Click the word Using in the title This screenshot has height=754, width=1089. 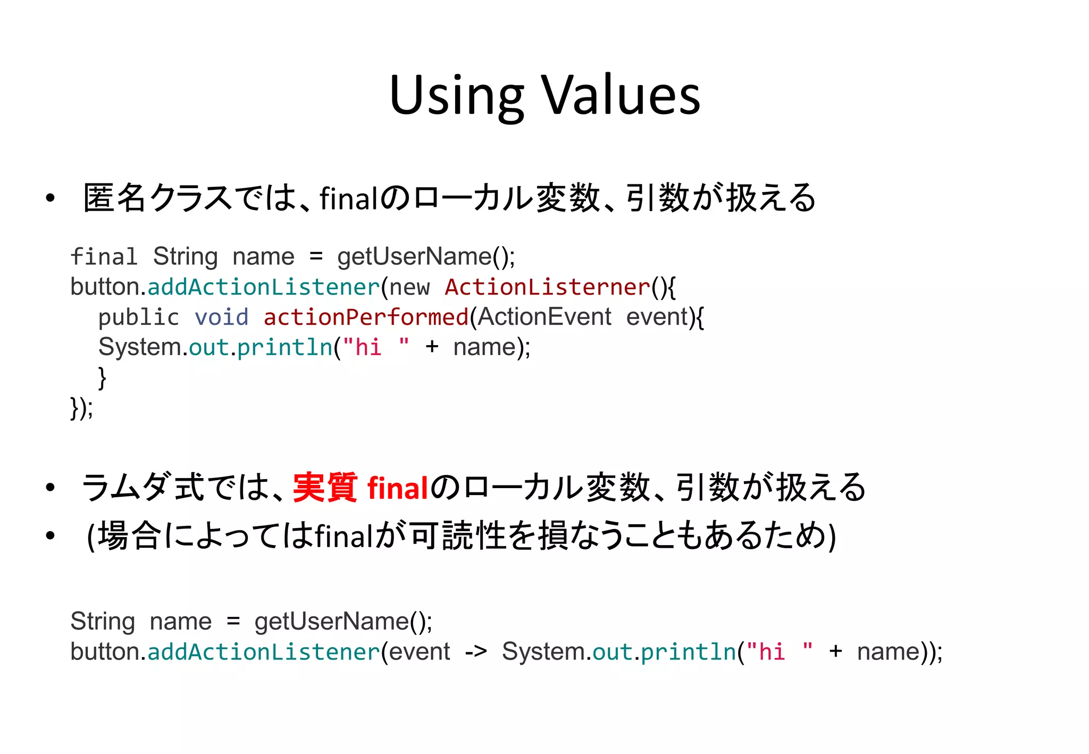(457, 96)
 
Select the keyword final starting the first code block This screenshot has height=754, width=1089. (104, 257)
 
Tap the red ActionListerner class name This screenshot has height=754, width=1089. (548, 287)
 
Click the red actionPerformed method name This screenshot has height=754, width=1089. (366, 317)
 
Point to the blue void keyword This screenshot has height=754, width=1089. (221, 317)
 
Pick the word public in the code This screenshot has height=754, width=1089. (139, 318)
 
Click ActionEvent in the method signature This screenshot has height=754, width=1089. (544, 317)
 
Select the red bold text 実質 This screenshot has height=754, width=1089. (325, 487)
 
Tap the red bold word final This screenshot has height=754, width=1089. (398, 488)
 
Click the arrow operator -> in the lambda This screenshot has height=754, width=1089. (475, 651)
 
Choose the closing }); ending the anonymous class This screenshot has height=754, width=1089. (81, 408)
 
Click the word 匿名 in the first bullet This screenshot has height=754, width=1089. (114, 198)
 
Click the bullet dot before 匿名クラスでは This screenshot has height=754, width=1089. (51, 198)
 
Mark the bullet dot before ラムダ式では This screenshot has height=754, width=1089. (51, 487)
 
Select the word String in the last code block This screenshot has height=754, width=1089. (103, 621)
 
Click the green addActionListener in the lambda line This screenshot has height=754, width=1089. (264, 652)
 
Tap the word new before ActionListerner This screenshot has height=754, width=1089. (409, 288)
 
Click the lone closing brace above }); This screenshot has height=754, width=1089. (102, 378)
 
